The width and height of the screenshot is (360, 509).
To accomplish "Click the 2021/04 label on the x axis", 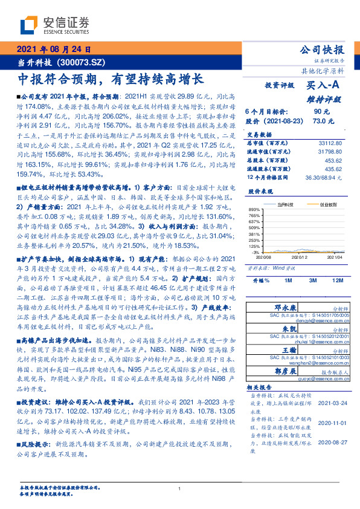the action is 335,258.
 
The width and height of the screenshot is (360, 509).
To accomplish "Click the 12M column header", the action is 336,281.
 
